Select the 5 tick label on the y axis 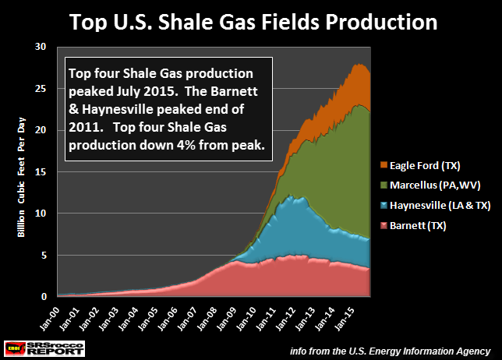50,255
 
